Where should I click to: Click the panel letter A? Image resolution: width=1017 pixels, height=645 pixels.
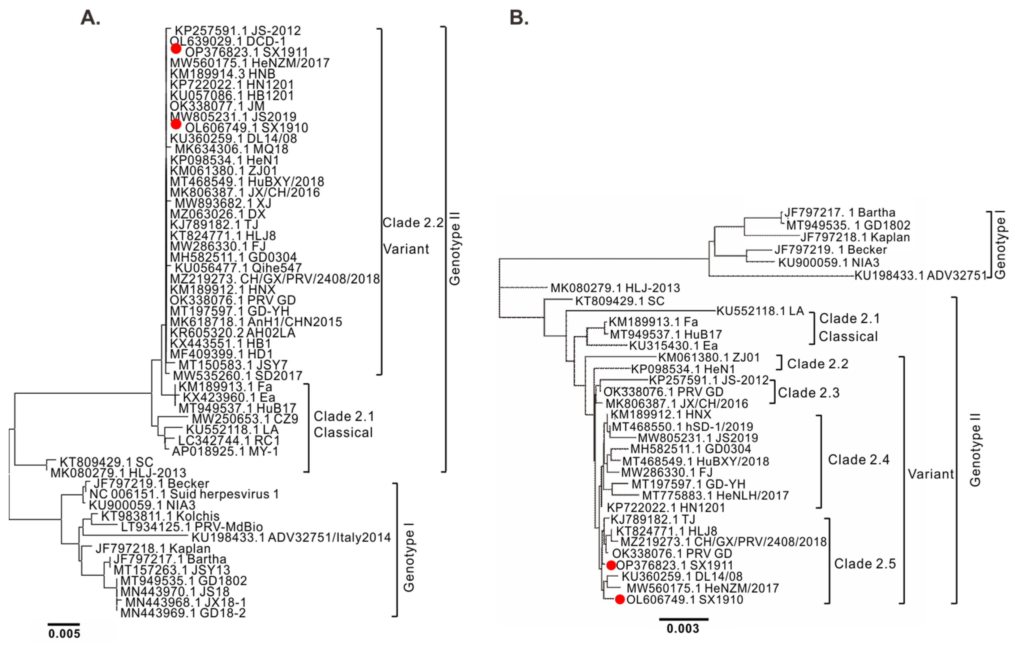coord(90,18)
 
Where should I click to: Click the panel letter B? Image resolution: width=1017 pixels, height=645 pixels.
coord(519,18)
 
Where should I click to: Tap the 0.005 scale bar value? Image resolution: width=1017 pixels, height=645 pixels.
coord(64,634)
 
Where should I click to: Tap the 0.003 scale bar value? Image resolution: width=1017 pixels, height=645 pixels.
coord(683,629)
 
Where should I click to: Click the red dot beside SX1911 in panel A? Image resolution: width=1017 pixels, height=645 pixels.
coord(176,49)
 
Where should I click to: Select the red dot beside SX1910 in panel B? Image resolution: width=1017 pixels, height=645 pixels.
coord(620,600)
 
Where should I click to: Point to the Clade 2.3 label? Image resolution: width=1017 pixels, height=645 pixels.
coord(808,393)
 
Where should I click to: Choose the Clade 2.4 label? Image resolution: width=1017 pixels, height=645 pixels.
coord(859,460)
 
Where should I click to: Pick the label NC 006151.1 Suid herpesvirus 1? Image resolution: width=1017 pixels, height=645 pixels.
coord(184,494)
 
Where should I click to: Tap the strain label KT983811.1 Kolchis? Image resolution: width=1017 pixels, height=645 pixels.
coord(160,516)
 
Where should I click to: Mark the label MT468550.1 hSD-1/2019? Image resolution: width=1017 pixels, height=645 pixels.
coord(682,427)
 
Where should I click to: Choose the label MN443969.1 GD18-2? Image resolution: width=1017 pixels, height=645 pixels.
coord(183,613)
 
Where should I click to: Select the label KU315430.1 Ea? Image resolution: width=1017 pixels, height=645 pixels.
coord(673,346)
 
